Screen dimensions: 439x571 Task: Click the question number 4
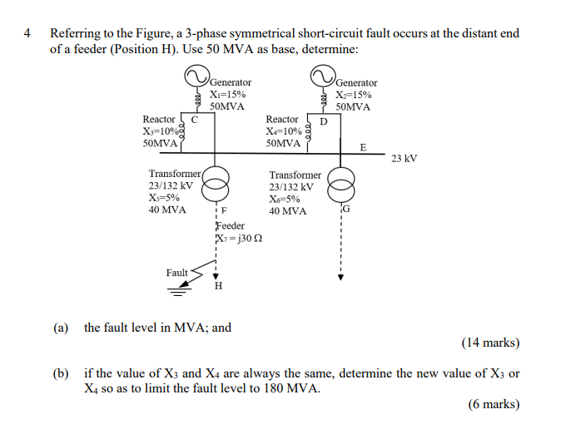point(28,34)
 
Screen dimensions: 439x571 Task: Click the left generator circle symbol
point(196,77)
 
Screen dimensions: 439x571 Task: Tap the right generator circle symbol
point(322,77)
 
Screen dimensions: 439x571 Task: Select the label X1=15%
point(227,95)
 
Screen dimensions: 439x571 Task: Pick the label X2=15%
point(353,95)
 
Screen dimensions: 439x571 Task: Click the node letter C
point(195,119)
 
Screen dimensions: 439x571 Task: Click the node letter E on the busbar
point(362,147)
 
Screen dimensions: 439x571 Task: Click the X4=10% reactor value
point(284,131)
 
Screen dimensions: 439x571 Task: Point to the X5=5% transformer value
point(164,198)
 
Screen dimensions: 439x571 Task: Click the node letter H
point(218,287)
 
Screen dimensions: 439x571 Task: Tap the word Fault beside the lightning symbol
point(176,273)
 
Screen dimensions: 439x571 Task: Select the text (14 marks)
point(490,342)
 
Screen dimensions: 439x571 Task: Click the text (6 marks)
point(494,404)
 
